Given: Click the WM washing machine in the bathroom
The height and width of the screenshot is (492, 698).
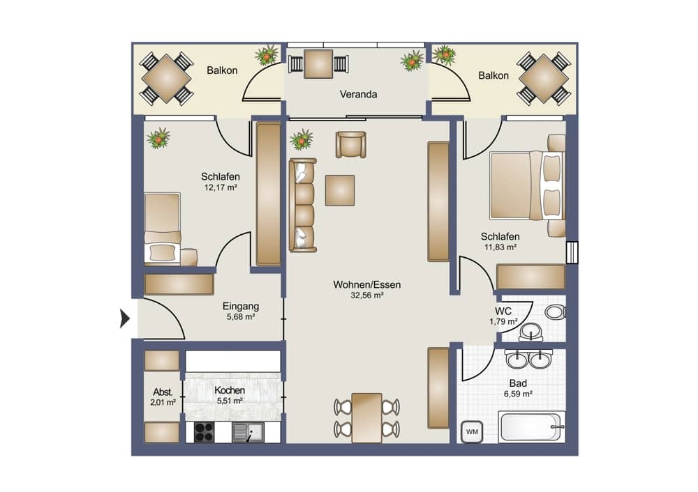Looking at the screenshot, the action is tap(472, 431).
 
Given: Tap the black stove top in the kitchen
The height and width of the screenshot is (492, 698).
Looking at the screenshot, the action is tap(205, 432).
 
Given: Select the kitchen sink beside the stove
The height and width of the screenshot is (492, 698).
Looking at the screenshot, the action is tap(248, 432).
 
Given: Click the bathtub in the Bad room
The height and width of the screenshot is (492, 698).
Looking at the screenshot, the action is tap(532, 426).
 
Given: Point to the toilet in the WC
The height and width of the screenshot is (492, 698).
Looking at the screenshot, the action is tap(556, 312).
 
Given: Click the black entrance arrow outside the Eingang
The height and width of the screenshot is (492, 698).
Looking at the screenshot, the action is tap(125, 318).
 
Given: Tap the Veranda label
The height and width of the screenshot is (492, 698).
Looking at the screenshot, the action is tap(358, 94).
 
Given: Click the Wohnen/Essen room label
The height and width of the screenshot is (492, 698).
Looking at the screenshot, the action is tap(367, 284).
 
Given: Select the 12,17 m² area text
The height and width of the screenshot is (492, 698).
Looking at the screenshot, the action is tap(221, 187).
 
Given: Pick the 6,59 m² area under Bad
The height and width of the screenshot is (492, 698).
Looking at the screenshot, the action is tap(518, 394).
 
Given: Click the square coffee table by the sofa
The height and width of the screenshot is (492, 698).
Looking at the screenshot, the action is tap(340, 190).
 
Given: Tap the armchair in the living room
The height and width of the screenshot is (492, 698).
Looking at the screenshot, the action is tap(351, 144).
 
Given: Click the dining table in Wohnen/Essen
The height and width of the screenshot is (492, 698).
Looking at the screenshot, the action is tap(367, 417).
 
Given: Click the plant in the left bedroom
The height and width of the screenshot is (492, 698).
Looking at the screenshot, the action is tap(158, 138).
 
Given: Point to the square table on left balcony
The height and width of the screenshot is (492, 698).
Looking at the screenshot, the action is tap(166, 79).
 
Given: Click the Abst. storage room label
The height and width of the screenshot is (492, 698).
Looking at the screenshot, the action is tap(163, 392).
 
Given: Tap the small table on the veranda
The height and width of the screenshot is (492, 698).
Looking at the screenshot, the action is tap(318, 64).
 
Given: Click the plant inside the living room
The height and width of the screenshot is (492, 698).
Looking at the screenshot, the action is tap(302, 139).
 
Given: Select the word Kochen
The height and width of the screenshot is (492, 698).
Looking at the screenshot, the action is tap(230, 390).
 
